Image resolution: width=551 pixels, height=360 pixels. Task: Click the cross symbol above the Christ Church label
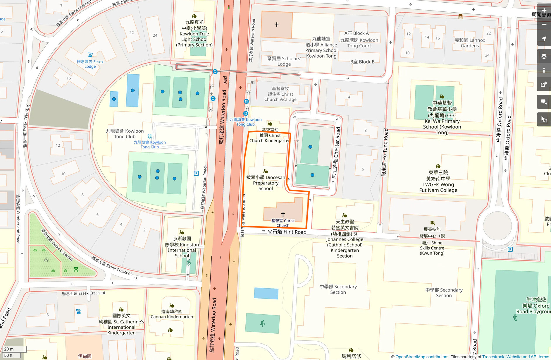283,214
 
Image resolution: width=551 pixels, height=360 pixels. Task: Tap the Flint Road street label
287,232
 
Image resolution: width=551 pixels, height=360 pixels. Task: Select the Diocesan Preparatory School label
266,183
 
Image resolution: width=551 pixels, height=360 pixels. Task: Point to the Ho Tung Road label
385,152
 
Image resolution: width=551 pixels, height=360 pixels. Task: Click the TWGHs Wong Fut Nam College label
438,181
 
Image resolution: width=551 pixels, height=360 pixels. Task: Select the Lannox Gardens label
470,43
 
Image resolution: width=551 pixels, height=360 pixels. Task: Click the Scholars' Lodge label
284,61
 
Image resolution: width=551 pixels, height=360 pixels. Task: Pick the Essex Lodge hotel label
90,64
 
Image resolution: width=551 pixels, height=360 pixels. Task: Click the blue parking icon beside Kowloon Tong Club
197,173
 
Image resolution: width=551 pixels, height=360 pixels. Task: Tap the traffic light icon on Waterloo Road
229,6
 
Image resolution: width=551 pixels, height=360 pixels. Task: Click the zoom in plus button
544,10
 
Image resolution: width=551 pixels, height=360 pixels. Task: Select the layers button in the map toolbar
544,56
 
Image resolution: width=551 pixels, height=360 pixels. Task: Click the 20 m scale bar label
9,349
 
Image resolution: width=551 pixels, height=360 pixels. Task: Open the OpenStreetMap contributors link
422,357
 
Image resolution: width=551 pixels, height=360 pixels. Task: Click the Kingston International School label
182,247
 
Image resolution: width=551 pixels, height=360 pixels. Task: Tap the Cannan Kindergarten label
172,314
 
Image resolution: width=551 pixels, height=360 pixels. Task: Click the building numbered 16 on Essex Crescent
69,78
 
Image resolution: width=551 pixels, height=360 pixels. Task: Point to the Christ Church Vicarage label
280,94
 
